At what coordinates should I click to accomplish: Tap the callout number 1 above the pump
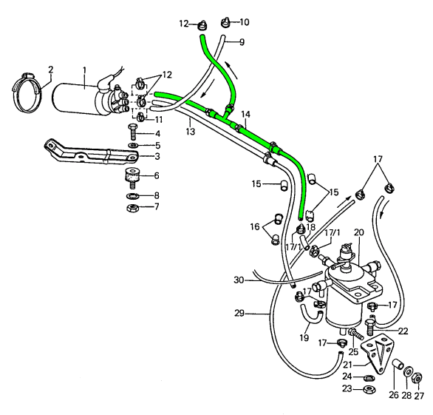coord(84,70)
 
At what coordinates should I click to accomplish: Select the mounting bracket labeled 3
coord(91,154)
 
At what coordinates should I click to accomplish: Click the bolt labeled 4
coord(132,132)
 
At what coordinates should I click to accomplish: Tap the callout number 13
coord(190,131)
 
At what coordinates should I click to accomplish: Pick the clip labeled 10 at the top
coord(226,22)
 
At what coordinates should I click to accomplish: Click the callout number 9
coord(242,42)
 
